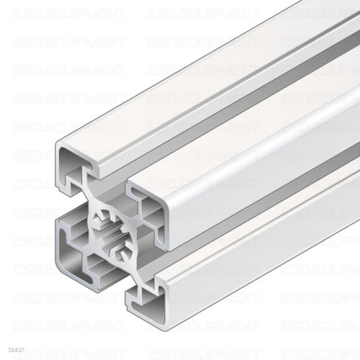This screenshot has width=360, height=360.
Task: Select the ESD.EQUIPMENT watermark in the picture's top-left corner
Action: (x=69, y=14)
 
